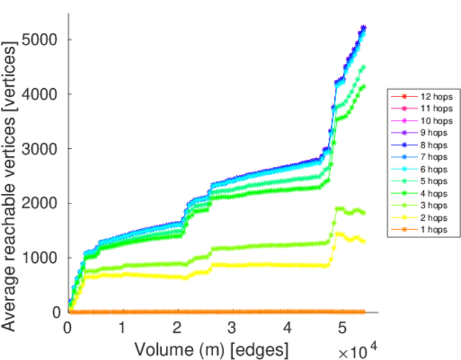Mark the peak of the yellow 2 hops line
point(338,233)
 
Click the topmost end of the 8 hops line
point(364,27)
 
